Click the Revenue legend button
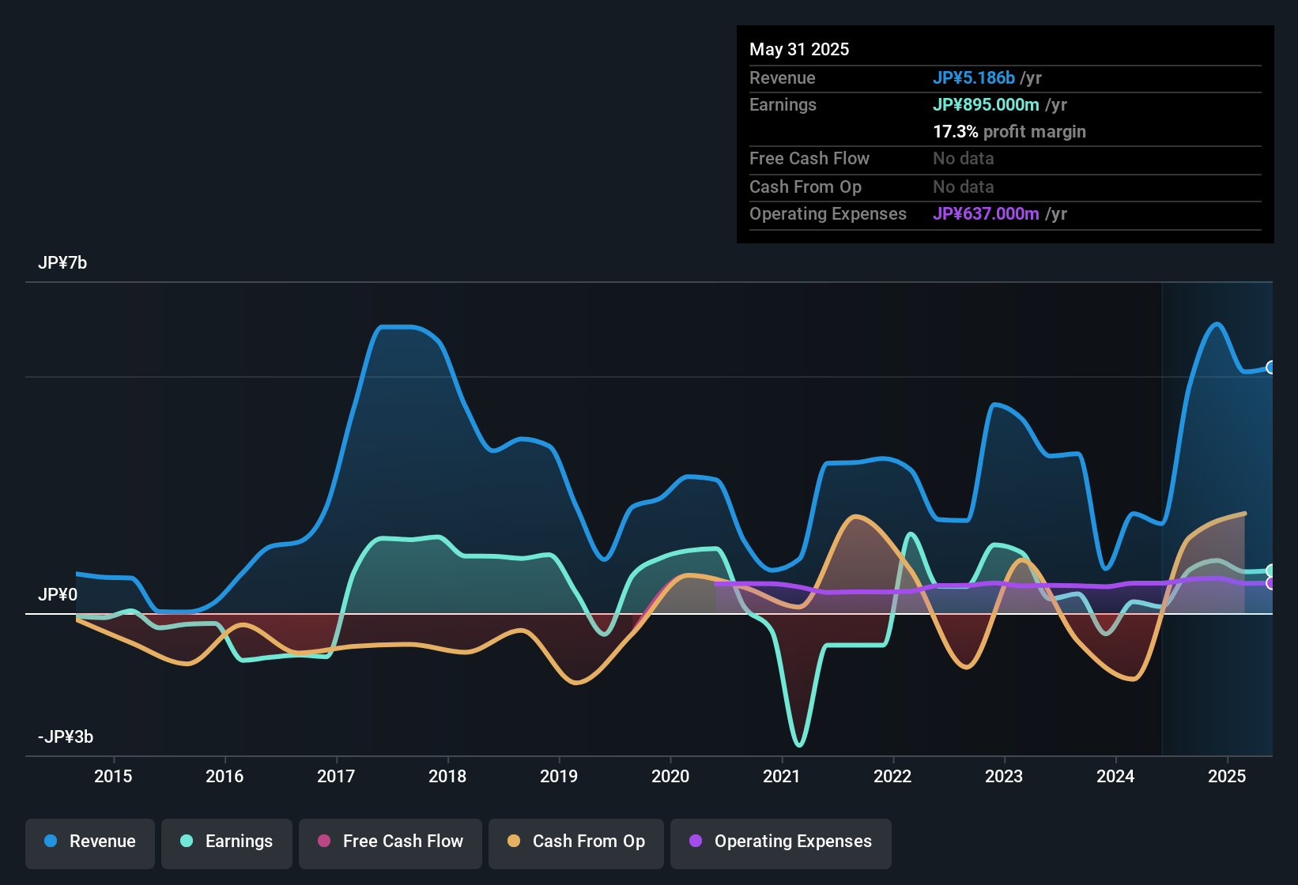[x=90, y=842]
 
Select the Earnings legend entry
[x=227, y=842]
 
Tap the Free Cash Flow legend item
[x=391, y=842]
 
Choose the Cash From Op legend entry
[x=576, y=842]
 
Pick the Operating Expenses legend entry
[x=781, y=842]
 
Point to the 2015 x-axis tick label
[x=113, y=776]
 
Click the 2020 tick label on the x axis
[x=670, y=776]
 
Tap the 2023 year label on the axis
[x=1004, y=776]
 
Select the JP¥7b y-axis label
[x=62, y=263]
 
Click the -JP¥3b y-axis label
[x=66, y=737]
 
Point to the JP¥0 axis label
[x=58, y=595]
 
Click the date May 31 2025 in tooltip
[x=799, y=49]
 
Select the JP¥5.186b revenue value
[x=973, y=77]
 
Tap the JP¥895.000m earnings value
[x=986, y=104]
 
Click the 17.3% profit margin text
[x=1009, y=131]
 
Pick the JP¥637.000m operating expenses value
[x=986, y=213]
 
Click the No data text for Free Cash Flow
[x=963, y=158]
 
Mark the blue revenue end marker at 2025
[x=1271, y=367]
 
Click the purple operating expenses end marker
[x=1271, y=583]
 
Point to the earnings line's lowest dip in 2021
[x=799, y=744]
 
